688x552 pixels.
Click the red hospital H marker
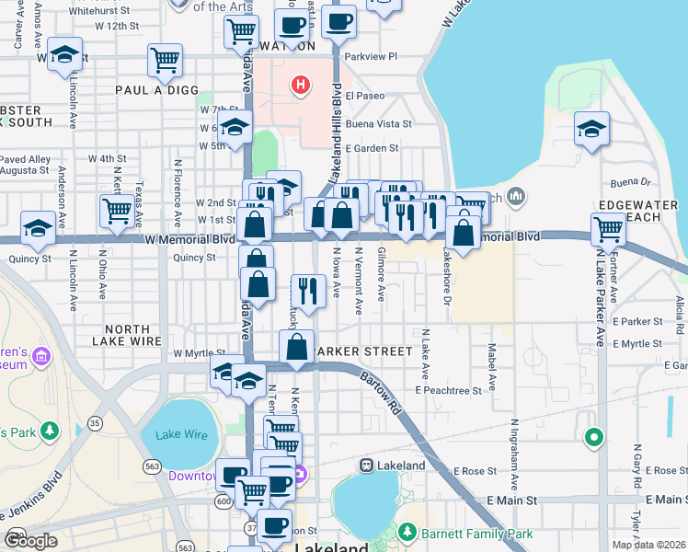299,86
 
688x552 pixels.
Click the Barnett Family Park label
476,533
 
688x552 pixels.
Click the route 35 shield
95,423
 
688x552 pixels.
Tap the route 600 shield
223,500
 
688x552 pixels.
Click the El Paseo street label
366,95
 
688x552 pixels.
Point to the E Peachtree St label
448,391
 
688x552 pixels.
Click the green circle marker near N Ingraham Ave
594,437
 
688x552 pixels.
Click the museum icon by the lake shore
515,196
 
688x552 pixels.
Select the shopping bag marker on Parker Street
296,348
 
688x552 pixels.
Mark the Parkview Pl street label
370,56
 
